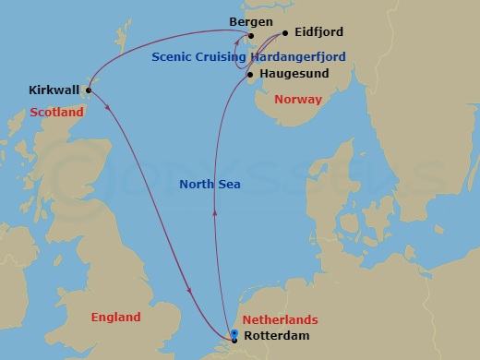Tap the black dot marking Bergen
pos(251,36)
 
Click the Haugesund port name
pos(294,74)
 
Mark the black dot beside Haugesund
pos(251,74)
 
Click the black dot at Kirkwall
pos(89,90)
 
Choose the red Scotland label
pos(56,112)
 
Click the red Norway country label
pos(299,99)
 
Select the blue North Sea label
pos(210,185)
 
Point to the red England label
pos(116,317)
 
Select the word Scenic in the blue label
pos(173,56)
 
